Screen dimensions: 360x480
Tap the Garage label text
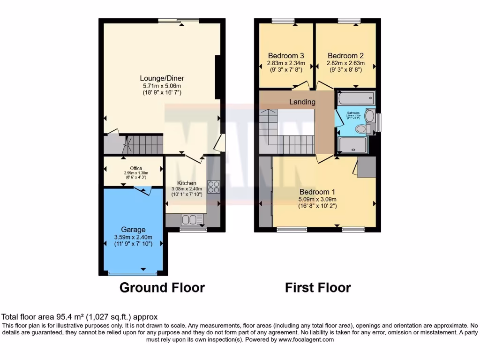coord(133,230)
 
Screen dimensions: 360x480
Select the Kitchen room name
coord(187,183)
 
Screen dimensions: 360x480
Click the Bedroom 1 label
coord(317,192)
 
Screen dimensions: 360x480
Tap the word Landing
coord(302,102)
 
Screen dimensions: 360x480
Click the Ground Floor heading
coord(162,287)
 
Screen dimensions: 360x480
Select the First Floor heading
coord(318,287)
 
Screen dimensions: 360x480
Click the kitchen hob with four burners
coord(213,187)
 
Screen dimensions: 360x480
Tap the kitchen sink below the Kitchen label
coord(192,219)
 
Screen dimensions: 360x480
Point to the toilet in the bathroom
coord(362,128)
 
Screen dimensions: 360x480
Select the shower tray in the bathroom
coord(353,146)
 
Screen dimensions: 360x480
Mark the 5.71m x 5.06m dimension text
coord(162,86)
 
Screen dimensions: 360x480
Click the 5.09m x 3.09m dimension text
coord(317,199)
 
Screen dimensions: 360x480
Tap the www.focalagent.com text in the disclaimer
coord(307,340)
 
